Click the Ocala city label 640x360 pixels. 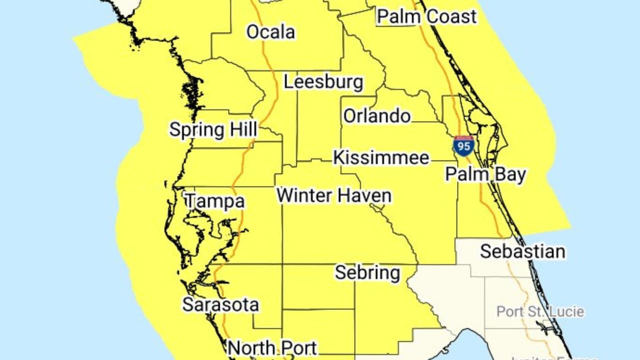pos(270,32)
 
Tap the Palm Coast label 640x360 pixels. pos(426,16)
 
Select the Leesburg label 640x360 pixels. pos(323,82)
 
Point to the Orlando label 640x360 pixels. pos(377,116)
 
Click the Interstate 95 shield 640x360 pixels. pos(463,145)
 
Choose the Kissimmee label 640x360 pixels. pos(381,157)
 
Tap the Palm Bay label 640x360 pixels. pos(485,174)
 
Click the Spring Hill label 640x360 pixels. pos(213,129)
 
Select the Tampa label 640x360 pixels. pos(215,201)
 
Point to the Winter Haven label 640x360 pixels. pos(334,195)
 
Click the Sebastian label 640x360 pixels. pos(522,251)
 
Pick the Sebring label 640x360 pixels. pos(367,272)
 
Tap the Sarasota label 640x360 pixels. pos(220,304)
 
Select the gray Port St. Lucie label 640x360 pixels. pos(540,311)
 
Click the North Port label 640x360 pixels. pos(272,347)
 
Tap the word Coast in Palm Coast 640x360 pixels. pos(452,16)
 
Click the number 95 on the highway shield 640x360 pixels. pos(463,146)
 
